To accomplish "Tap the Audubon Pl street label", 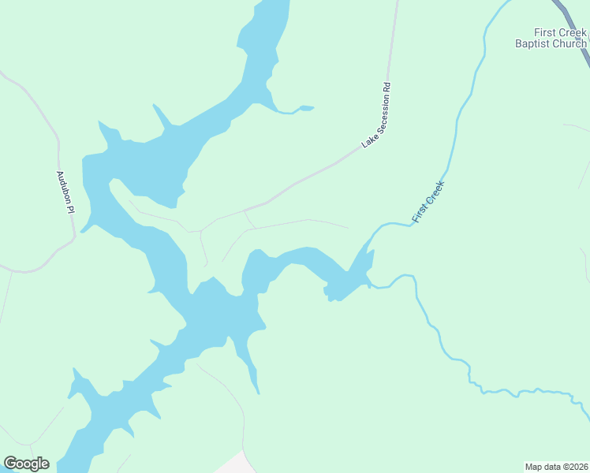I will click(x=65, y=192).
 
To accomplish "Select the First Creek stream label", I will click(x=428, y=201).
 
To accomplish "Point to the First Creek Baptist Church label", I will click(x=551, y=38).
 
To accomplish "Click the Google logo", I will click(x=26, y=464).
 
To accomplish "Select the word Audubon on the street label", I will click(x=63, y=186).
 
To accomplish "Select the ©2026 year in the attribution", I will click(x=572, y=466).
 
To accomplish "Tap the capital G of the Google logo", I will click(x=10, y=464).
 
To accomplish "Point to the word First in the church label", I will click(x=547, y=32).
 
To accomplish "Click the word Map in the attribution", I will click(x=533, y=466).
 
